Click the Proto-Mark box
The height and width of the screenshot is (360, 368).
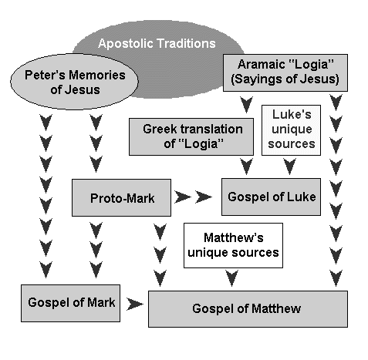pos(121,197)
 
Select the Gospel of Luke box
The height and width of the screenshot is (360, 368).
pos(271,197)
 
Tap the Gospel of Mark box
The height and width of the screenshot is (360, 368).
pos(70,303)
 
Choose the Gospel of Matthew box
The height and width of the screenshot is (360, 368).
pos(248,309)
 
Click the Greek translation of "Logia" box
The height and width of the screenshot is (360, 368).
pos(191,136)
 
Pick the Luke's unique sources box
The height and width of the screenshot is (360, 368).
pos(291,130)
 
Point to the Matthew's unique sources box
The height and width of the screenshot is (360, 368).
pos(233,245)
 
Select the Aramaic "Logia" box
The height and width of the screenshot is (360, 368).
pos(285,72)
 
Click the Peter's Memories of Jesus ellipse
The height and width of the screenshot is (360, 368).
pos(74,82)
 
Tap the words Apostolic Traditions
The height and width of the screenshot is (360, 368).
pos(157,43)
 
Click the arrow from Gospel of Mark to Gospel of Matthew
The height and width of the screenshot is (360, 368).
pos(135,304)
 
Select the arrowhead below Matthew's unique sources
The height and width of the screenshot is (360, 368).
pos(232,278)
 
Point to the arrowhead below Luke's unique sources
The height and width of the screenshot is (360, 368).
pos(290,167)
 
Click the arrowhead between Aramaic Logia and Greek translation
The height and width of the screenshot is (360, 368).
pos(246,105)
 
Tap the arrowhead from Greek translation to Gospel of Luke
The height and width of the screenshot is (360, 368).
pos(246,167)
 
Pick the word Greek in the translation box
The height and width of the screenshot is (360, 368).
pos(158,129)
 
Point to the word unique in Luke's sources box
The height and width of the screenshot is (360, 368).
pos(292,130)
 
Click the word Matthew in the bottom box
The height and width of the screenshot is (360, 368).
pos(276,308)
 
